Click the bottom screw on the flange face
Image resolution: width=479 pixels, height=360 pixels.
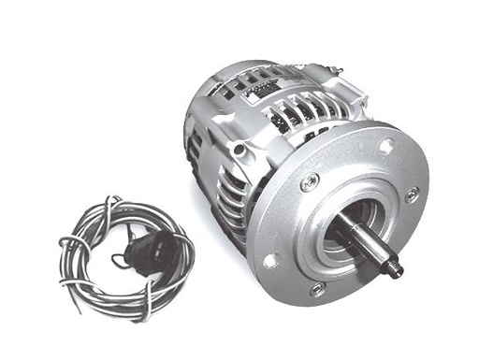pyautogui.click(x=317, y=288)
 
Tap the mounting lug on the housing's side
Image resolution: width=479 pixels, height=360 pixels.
pyautogui.click(x=241, y=148)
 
